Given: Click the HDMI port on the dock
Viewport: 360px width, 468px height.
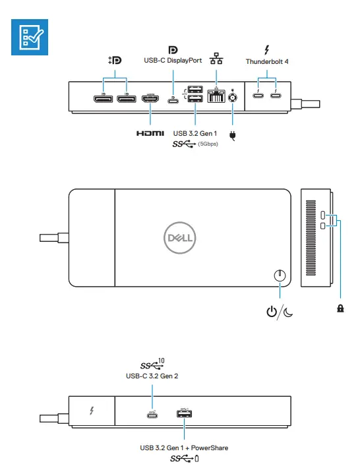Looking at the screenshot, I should point(150,99).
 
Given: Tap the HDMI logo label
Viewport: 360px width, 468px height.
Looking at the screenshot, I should point(150,133).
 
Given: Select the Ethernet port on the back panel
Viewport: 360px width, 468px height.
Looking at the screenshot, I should point(216,98).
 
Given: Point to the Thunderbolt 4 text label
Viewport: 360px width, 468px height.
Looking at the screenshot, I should point(267,61).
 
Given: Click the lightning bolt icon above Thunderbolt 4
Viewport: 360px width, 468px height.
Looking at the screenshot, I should point(267,49).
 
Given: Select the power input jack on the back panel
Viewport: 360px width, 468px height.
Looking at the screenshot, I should point(232,98).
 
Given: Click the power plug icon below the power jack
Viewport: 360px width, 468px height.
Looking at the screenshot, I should point(232,136).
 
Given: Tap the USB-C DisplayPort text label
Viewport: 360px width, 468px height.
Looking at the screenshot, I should point(173,61).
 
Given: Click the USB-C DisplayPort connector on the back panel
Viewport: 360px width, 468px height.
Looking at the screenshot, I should point(173,100).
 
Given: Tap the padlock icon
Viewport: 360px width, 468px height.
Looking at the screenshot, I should point(340,308).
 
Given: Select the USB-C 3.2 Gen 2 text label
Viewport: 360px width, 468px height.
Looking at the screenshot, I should point(152,376).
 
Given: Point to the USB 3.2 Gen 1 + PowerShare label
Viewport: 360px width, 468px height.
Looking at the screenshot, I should point(184,448).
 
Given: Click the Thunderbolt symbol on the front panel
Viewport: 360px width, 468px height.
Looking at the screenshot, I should point(92,412).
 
